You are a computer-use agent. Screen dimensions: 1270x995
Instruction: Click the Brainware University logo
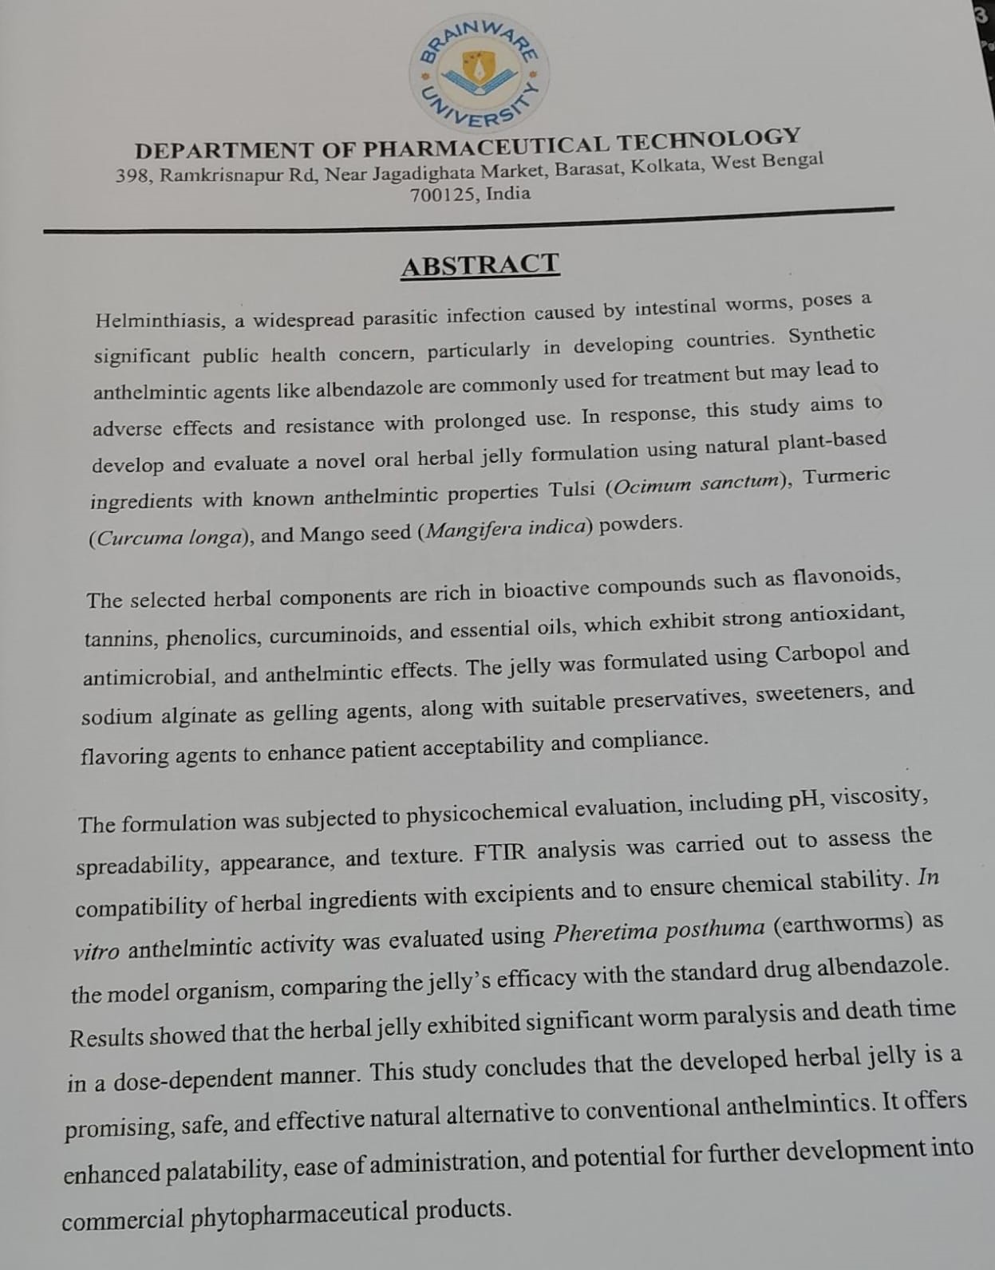(x=480, y=73)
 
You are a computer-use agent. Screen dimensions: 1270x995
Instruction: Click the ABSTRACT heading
(x=480, y=265)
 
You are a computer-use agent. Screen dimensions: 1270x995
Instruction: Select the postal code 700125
(x=441, y=195)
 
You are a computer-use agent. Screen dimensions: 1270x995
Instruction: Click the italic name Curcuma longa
(x=168, y=538)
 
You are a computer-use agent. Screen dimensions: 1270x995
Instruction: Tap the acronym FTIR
(x=500, y=853)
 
